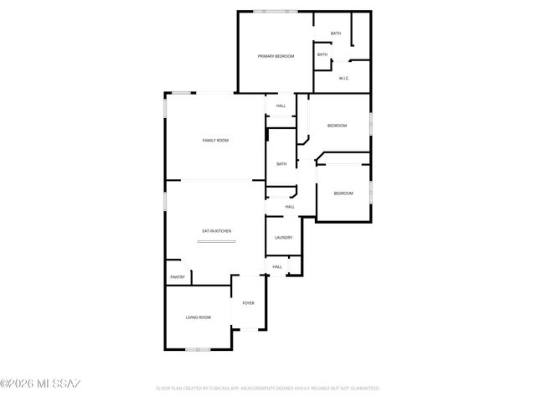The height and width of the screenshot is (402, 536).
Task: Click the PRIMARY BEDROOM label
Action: (x=276, y=56)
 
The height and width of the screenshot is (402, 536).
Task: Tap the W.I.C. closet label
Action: (x=343, y=79)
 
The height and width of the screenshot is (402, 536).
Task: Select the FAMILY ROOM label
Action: (x=215, y=140)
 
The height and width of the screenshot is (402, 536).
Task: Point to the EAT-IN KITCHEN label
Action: (x=216, y=231)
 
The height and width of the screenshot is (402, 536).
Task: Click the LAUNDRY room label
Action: (x=283, y=237)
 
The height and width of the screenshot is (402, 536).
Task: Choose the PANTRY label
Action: (x=178, y=277)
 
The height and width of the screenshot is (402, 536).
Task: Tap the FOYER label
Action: (x=249, y=302)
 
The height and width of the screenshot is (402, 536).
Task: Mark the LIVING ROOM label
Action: (x=198, y=317)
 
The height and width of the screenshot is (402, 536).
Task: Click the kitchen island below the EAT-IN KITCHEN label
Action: (x=217, y=243)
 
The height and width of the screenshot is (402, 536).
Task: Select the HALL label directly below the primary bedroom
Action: (x=281, y=106)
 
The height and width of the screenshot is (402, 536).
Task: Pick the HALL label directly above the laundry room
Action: (x=290, y=207)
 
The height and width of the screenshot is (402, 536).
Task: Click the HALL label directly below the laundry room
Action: (x=276, y=267)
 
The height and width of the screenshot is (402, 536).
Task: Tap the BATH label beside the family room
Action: (x=281, y=164)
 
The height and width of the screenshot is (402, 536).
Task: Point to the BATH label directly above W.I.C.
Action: (x=322, y=55)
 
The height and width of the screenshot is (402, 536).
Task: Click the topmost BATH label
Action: (x=335, y=33)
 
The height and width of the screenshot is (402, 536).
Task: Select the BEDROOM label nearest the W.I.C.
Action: (x=337, y=126)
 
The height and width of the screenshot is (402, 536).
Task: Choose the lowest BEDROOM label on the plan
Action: (x=343, y=193)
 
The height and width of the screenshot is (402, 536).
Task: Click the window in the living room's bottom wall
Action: (x=198, y=348)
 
